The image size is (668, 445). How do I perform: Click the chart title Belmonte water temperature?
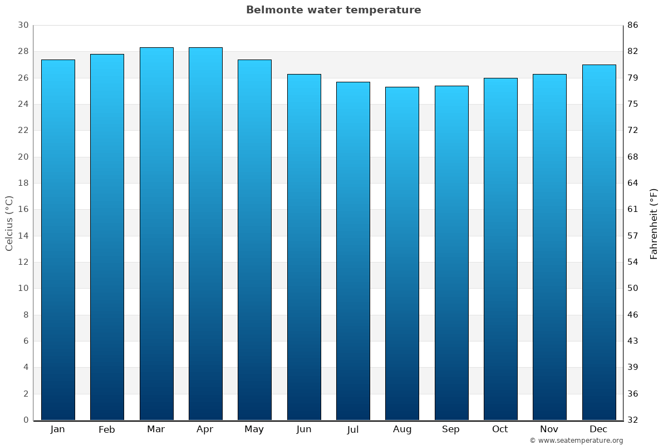click(333, 10)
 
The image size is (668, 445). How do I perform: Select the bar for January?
click(58, 239)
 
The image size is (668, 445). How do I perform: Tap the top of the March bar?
click(156, 48)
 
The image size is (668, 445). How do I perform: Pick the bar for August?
click(402, 253)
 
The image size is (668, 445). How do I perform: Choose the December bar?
click(599, 242)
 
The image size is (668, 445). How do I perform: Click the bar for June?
click(304, 247)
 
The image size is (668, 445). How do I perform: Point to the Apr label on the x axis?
click(205, 429)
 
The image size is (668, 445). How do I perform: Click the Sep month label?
click(451, 429)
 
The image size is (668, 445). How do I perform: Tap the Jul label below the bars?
click(353, 429)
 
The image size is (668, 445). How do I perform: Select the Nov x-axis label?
click(549, 429)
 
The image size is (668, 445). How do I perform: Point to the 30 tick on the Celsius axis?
click(23, 25)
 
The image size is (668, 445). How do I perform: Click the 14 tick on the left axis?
click(23, 236)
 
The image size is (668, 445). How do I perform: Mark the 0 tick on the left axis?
click(26, 420)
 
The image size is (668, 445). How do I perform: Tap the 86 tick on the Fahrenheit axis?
click(633, 25)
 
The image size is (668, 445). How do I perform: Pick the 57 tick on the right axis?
click(633, 236)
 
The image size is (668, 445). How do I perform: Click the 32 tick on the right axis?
click(633, 420)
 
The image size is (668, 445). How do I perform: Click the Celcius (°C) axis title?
click(9, 223)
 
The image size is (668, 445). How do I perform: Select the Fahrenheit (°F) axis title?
click(654, 223)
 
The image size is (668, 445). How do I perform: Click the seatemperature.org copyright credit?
click(576, 441)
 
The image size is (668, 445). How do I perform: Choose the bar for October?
click(500, 249)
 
